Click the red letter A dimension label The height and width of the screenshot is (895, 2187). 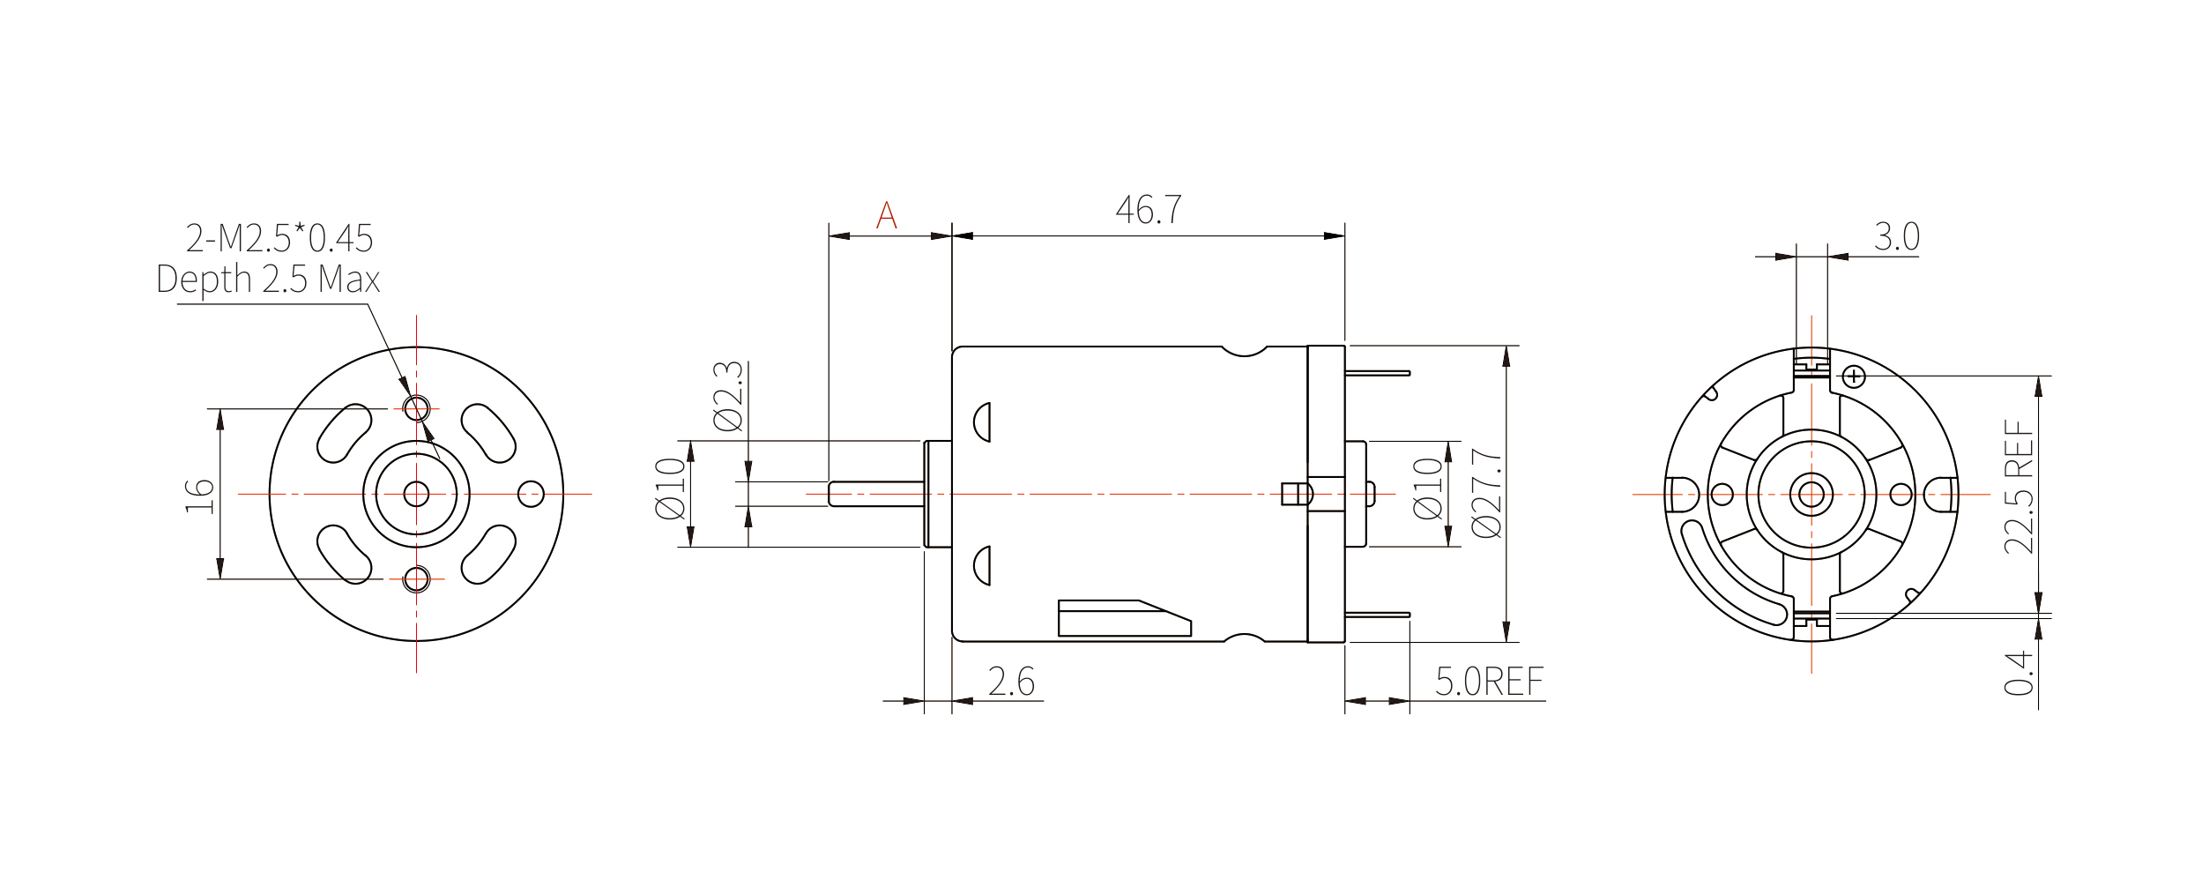pyautogui.click(x=887, y=215)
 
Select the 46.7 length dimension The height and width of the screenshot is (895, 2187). pyautogui.click(x=1149, y=210)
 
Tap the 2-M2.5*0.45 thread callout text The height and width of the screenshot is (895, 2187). pyautogui.click(x=279, y=238)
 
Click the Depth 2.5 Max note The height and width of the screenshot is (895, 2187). pyautogui.click(x=268, y=280)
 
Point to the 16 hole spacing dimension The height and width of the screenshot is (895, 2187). pyautogui.click(x=200, y=495)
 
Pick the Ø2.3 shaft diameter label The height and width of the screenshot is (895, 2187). pyautogui.click(x=729, y=396)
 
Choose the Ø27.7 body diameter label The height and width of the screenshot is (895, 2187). pyautogui.click(x=1487, y=494)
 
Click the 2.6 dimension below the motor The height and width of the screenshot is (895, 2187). pyautogui.click(x=1011, y=682)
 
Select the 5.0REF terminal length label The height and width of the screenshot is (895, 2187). pyautogui.click(x=1490, y=682)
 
